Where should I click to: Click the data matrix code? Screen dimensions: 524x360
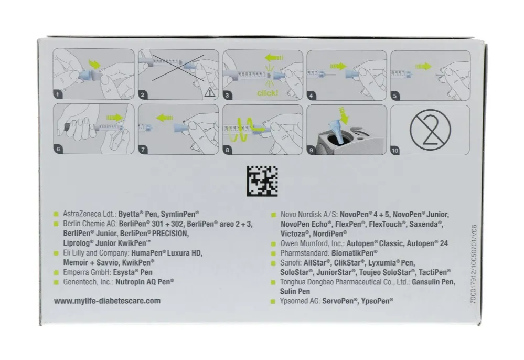pyautogui.click(x=262, y=181)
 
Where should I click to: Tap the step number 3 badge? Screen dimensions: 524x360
pyautogui.click(x=227, y=96)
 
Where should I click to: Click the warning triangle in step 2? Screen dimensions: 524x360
pyautogui.click(x=209, y=92)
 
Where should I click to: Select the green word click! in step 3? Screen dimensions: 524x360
pyautogui.click(x=268, y=93)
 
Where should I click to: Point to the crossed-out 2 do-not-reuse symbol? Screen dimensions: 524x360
pyautogui.click(x=431, y=130)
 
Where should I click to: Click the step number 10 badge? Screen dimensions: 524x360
pyautogui.click(x=395, y=151)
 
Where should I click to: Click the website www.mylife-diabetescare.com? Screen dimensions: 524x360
pyautogui.click(x=108, y=301)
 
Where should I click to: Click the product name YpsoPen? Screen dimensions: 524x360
pyautogui.click(x=377, y=301)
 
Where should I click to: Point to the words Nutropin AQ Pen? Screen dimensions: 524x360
pyautogui.click(x=145, y=282)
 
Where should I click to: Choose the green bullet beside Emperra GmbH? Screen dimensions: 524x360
pyautogui.click(x=56, y=272)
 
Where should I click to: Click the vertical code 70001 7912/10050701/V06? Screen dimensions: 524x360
pyautogui.click(x=474, y=264)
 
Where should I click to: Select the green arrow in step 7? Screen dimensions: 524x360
pyautogui.click(x=165, y=118)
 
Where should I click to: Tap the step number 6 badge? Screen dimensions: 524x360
pyautogui.click(x=58, y=149)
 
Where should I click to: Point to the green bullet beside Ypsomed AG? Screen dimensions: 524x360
pyautogui.click(x=273, y=302)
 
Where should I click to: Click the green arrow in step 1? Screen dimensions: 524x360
pyautogui.click(x=94, y=64)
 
